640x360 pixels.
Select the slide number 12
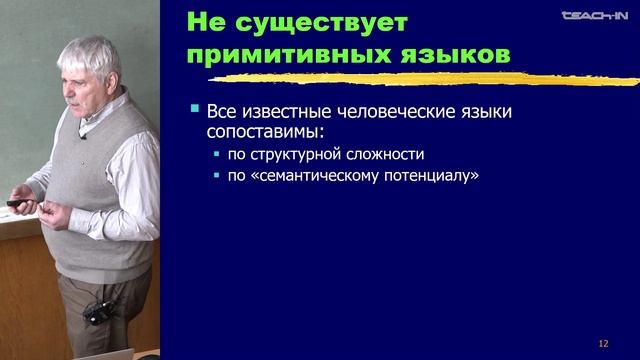[603, 342]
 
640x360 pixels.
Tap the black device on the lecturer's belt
[98, 313]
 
